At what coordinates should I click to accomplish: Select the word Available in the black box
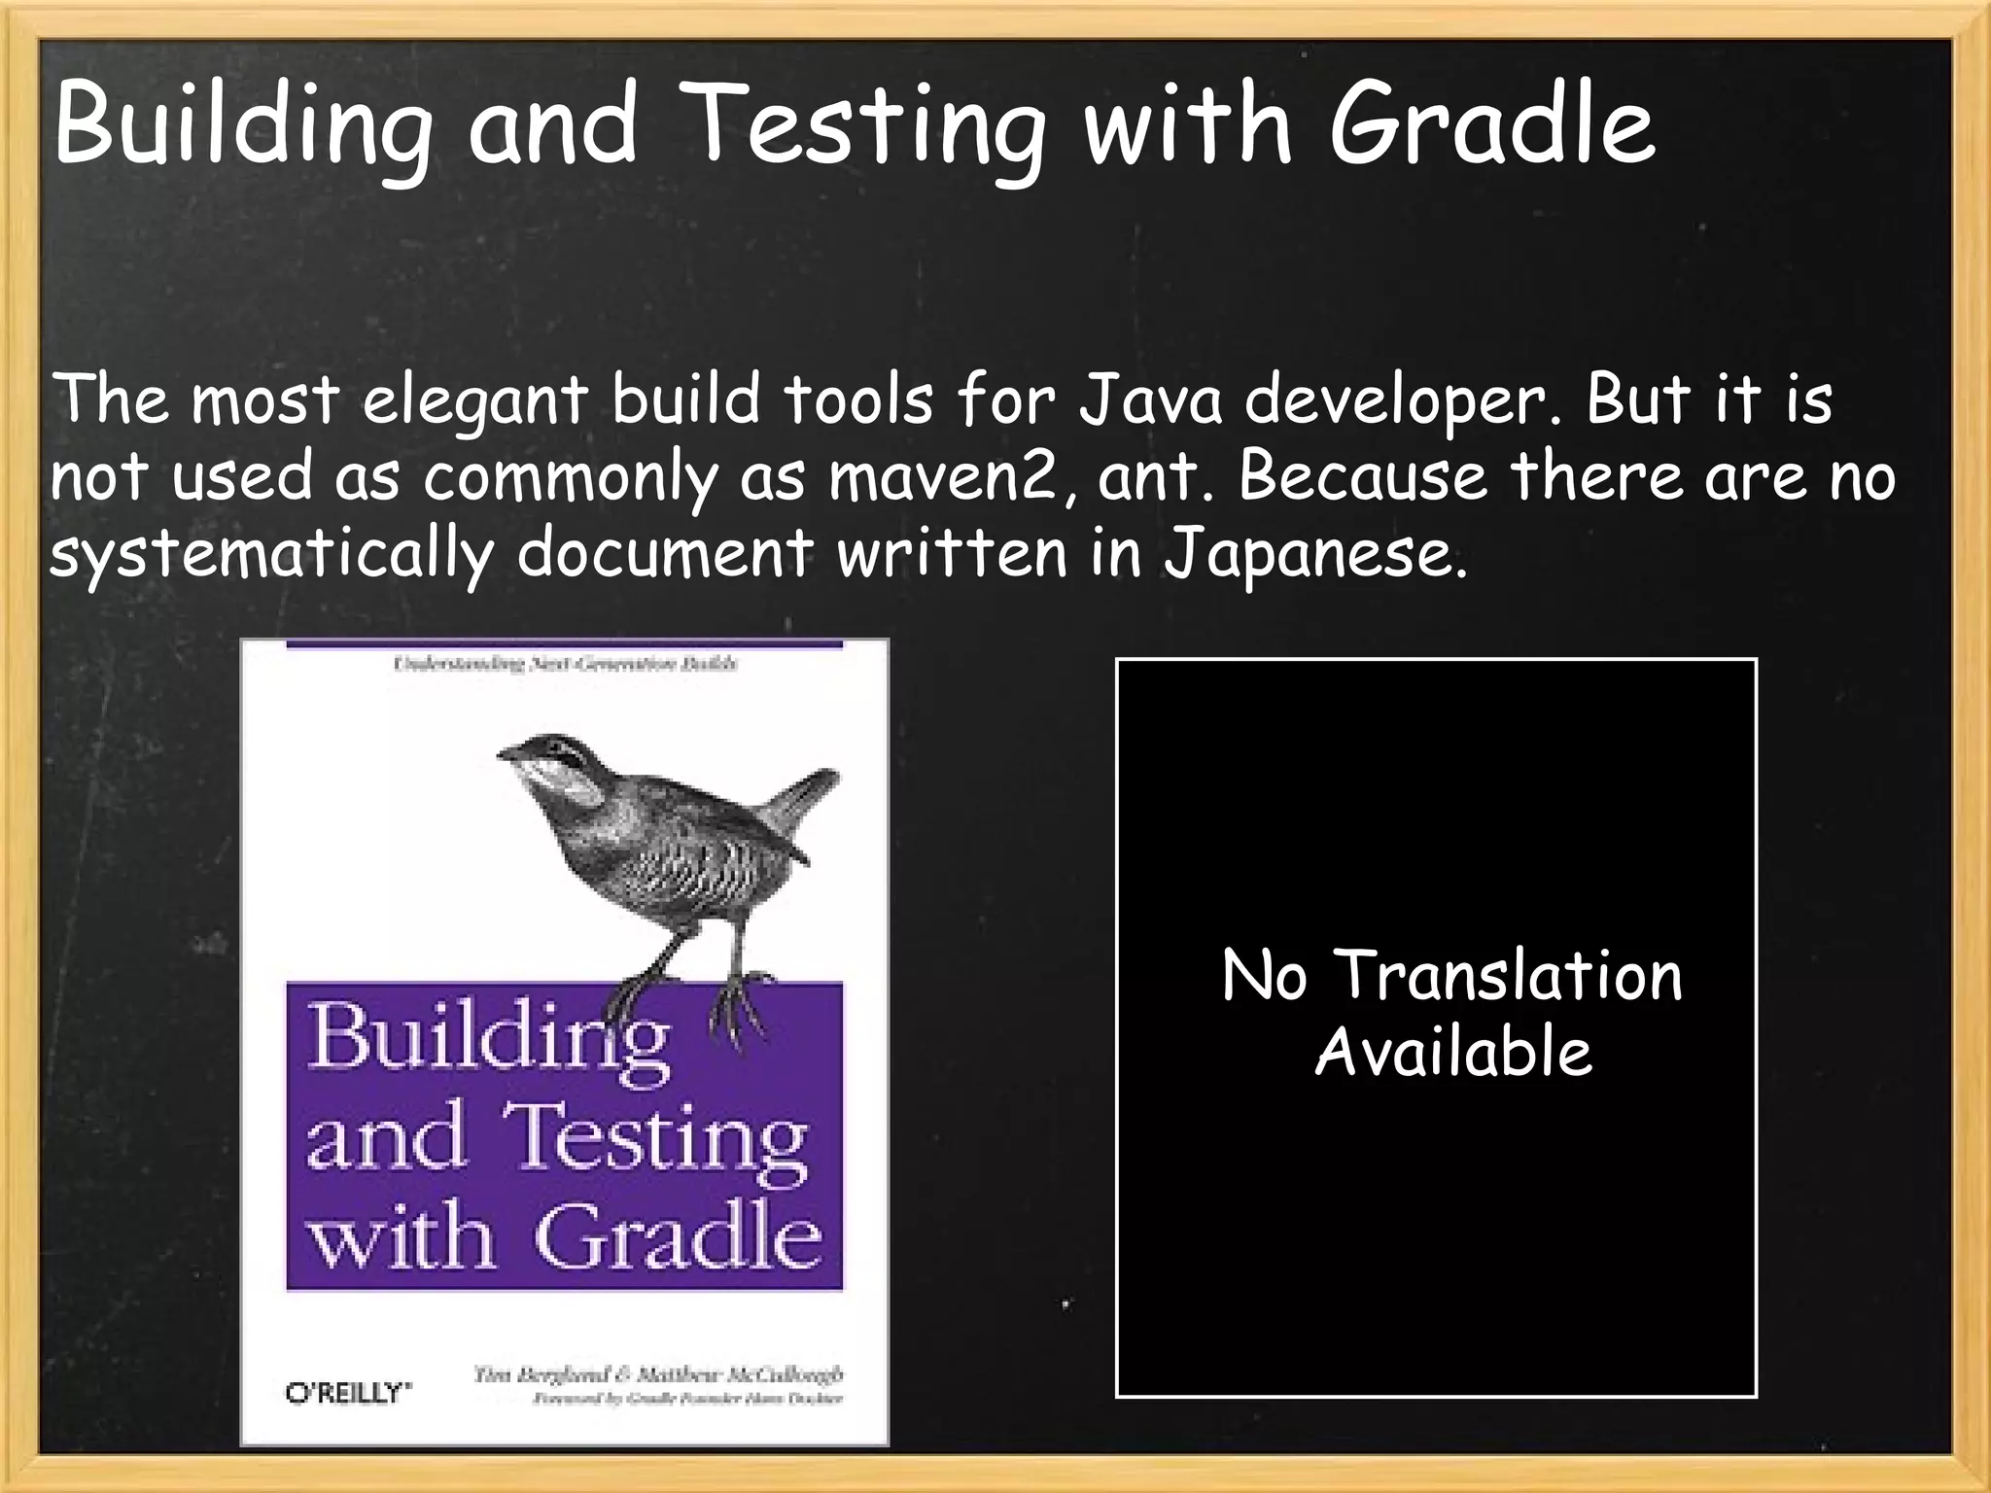(1453, 1053)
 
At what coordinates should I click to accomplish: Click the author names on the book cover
(658, 1374)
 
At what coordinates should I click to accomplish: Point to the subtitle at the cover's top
(565, 664)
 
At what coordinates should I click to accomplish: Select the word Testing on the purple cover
(655, 1139)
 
